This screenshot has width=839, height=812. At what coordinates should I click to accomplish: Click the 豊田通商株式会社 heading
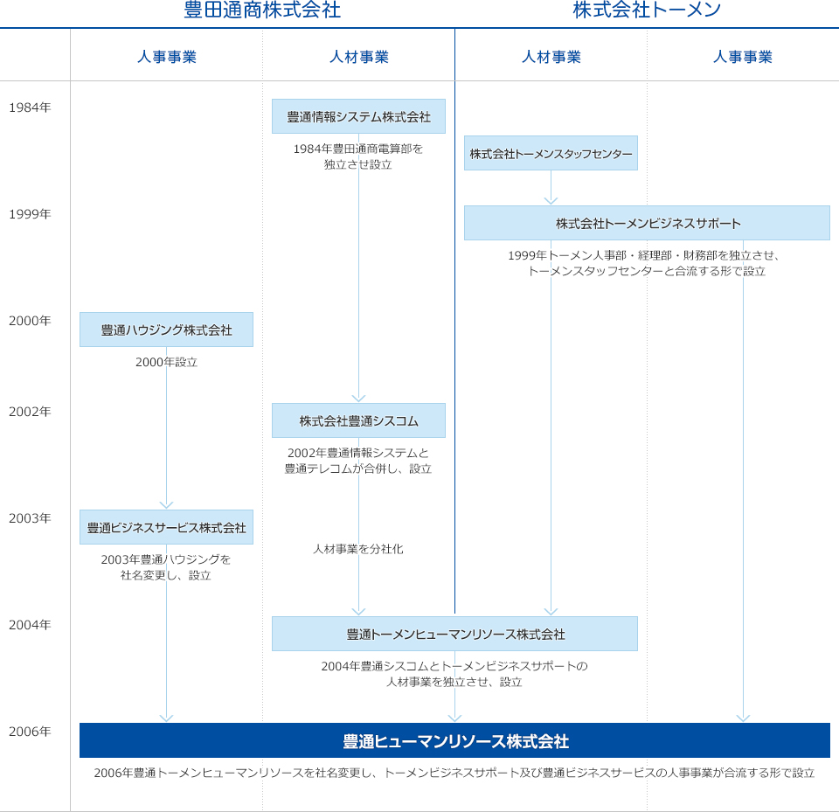262,10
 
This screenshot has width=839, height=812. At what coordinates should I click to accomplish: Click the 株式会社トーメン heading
647,10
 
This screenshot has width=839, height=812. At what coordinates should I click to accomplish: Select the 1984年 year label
30,108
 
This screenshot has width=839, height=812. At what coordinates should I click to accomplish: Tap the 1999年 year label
30,214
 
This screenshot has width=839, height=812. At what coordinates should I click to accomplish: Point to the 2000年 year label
30,321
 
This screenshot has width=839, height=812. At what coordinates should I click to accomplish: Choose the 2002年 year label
30,412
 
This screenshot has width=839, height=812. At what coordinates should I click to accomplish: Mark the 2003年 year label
30,518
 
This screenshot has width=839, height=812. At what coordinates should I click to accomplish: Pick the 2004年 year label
30,625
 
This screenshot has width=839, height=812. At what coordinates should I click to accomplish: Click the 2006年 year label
30,732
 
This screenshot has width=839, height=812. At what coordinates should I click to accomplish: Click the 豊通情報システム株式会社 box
358,116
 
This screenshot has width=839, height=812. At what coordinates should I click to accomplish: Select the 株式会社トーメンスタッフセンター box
551,153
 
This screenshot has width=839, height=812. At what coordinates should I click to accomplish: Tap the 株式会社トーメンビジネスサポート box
647,223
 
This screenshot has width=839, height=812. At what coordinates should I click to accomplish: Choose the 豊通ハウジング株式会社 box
166,330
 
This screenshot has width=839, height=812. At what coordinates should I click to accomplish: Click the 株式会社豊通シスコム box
358,420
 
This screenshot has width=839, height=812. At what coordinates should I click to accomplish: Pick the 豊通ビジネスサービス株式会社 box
166,527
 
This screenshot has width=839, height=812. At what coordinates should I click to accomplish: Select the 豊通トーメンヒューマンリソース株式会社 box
454,634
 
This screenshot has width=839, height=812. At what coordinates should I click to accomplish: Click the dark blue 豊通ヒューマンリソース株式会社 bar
454,740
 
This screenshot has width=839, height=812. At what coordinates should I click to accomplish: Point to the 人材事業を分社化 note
358,549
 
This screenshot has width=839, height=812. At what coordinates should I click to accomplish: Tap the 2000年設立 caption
166,363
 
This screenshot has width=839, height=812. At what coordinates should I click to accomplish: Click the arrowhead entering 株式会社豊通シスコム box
358,399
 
